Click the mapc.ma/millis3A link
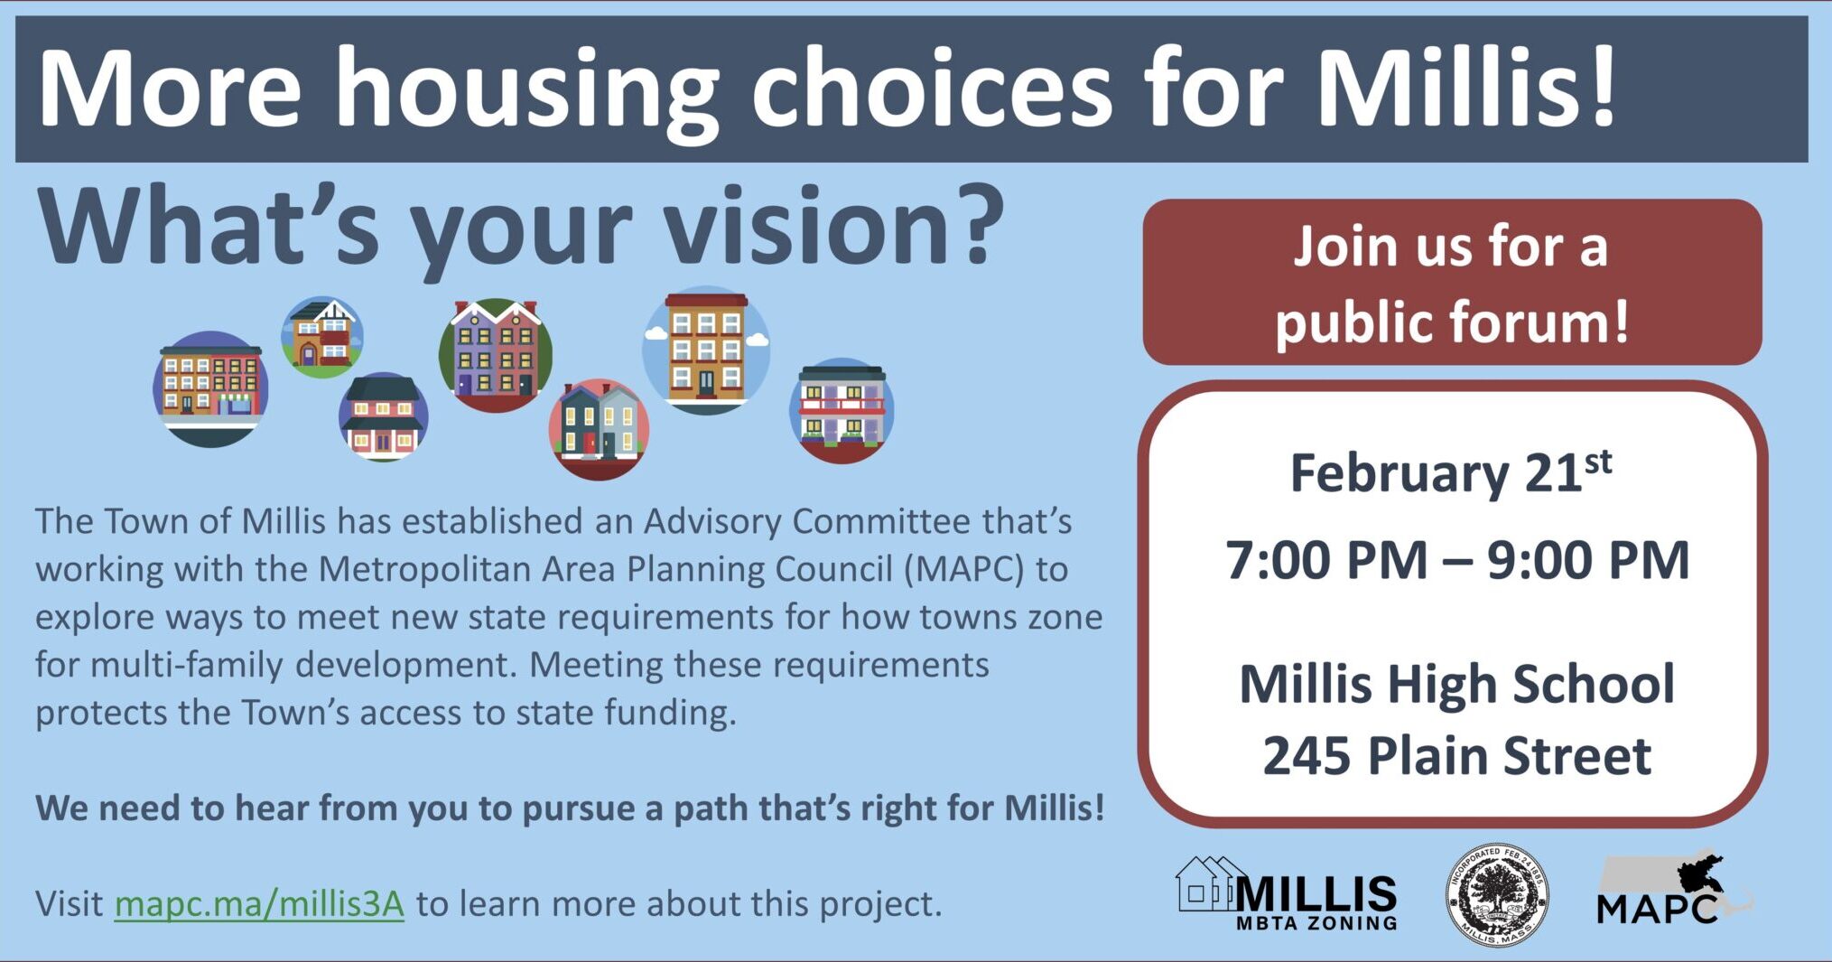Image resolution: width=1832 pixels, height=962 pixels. (x=259, y=903)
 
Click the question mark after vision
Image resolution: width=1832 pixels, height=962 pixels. (x=978, y=228)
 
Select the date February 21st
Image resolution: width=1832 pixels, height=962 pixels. (x=1450, y=473)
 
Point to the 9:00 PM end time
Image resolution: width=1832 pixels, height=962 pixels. (x=1588, y=561)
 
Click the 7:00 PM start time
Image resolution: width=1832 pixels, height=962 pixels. (x=1326, y=561)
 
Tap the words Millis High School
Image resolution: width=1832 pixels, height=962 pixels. (x=1456, y=684)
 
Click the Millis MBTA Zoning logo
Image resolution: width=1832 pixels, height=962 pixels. (x=1288, y=895)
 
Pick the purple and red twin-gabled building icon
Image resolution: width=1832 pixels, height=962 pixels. (x=496, y=353)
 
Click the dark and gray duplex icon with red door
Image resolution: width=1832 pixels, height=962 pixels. (x=600, y=427)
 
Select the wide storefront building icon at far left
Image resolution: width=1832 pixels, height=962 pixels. (x=210, y=388)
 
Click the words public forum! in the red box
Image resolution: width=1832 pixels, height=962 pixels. (x=1452, y=321)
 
